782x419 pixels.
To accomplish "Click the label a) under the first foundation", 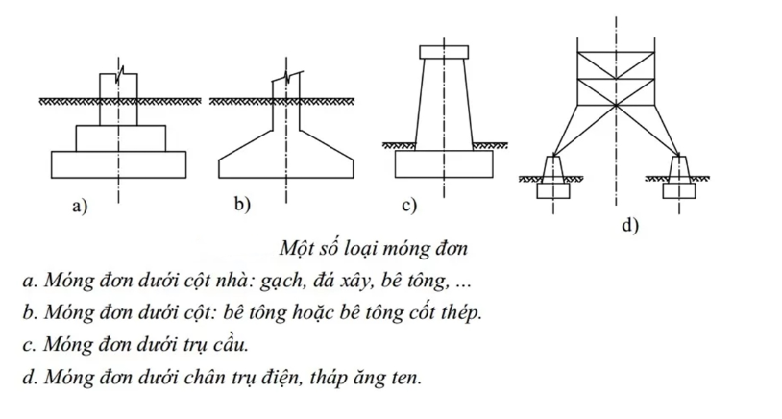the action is coord(80,206).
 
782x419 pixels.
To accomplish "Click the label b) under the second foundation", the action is coord(243,205).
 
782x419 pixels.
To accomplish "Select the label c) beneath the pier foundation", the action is coord(409,206).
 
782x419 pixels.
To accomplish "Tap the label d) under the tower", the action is coord(630,226).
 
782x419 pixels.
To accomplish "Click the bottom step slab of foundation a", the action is coord(119,164).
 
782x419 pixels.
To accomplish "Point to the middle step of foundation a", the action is coord(121,138).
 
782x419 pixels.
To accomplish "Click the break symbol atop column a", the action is coord(119,74).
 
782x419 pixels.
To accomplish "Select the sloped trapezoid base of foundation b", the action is coord(286,155).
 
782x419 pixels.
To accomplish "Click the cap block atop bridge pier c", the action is coord(444,52).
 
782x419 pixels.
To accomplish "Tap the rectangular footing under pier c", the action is coord(444,163).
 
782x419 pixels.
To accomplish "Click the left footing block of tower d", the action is coord(553,190).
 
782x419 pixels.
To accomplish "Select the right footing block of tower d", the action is coord(679,190).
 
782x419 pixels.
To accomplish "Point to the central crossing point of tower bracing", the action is coord(617,106).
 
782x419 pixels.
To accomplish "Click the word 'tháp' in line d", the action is coord(326,378).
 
